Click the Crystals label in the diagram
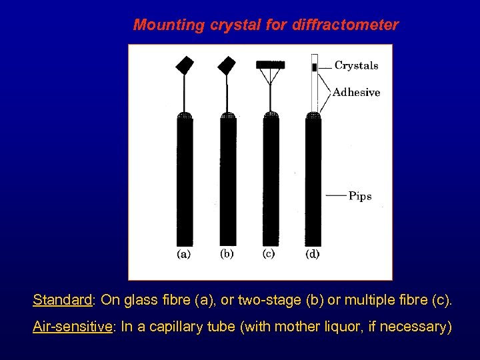tap(356, 65)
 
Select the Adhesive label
tap(356, 93)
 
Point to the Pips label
tap(360, 196)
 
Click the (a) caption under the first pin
tap(183, 254)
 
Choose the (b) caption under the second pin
tap(227, 254)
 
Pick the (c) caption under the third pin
tap(269, 254)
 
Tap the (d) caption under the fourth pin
tap(312, 254)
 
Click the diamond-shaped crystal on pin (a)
tap(185, 65)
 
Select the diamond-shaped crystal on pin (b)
tap(227, 65)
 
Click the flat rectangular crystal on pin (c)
tap(271, 65)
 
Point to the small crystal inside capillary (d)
tap(314, 67)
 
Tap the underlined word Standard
tap(62, 301)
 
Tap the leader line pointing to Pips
tap(337, 196)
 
